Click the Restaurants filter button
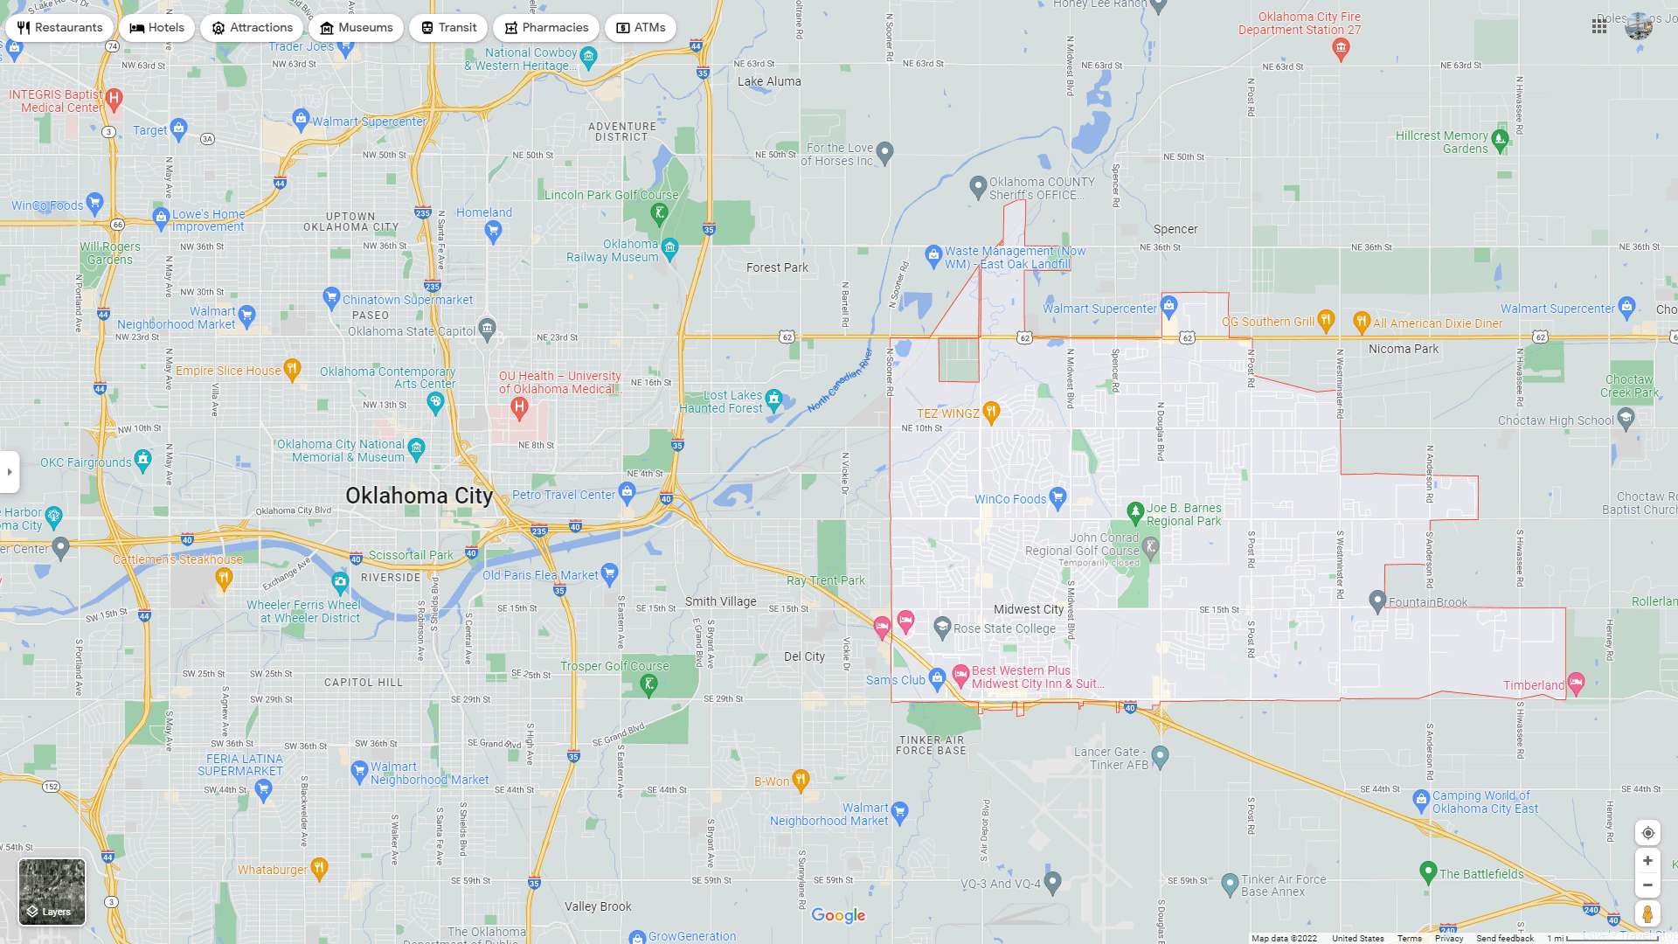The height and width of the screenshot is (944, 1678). [x=59, y=28]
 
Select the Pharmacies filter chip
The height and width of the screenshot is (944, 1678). [x=545, y=28]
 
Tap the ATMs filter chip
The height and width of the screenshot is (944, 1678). [x=640, y=28]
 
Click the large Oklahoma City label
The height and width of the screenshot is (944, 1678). [x=419, y=496]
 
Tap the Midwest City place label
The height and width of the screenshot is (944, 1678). [x=1029, y=609]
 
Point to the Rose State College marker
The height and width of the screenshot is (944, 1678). [x=942, y=627]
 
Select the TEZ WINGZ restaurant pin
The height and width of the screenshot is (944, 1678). [x=991, y=411]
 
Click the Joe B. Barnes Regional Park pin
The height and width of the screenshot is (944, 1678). [x=1135, y=511]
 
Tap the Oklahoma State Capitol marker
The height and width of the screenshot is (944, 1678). [x=488, y=329]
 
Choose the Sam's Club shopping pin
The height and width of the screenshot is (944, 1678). [x=937, y=677]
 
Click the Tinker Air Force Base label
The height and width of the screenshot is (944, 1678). [x=932, y=745]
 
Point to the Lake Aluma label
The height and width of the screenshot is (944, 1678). [x=769, y=81]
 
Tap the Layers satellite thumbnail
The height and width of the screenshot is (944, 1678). [x=52, y=892]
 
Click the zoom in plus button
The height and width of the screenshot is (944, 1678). [x=1647, y=861]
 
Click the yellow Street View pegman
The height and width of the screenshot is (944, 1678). [x=1647, y=914]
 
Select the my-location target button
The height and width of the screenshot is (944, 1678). [x=1647, y=833]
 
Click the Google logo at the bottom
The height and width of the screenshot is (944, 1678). [x=838, y=915]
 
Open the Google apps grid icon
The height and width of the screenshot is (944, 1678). [x=1599, y=27]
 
